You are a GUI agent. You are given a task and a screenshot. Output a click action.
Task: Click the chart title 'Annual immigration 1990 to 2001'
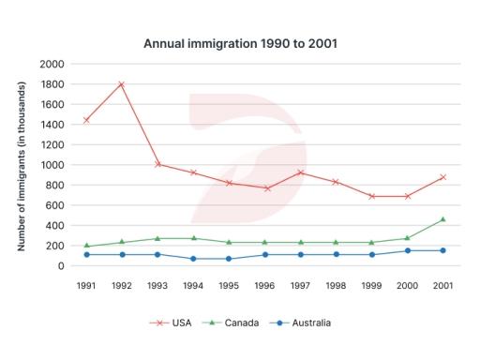[240, 43]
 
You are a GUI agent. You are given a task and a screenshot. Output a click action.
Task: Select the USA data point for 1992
[122, 84]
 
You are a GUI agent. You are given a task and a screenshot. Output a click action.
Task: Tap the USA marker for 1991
[86, 120]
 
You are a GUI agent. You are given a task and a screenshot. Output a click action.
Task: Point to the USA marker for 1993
[157, 164]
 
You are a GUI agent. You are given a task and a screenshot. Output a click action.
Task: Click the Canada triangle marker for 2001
[442, 219]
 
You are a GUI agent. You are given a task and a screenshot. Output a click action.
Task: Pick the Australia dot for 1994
[193, 259]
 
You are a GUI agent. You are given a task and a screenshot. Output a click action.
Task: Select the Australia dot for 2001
[442, 250]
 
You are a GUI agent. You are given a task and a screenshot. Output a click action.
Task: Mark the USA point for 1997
[300, 172]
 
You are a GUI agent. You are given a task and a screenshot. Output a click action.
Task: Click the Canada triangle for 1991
[86, 246]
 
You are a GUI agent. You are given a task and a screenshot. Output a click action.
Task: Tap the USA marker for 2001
[442, 177]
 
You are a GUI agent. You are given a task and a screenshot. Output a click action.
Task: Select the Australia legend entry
[300, 322]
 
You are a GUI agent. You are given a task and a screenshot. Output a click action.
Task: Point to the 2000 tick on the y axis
[52, 64]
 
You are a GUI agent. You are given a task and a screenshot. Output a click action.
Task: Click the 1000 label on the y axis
[52, 165]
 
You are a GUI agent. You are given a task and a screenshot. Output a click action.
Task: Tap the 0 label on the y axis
[60, 266]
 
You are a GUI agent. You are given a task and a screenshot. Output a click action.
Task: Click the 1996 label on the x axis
[264, 285]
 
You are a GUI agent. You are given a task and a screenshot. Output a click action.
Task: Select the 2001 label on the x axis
[442, 285]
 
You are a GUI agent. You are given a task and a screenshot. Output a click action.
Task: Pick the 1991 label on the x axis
[86, 285]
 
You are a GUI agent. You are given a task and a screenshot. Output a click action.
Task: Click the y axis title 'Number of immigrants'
[20, 165]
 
